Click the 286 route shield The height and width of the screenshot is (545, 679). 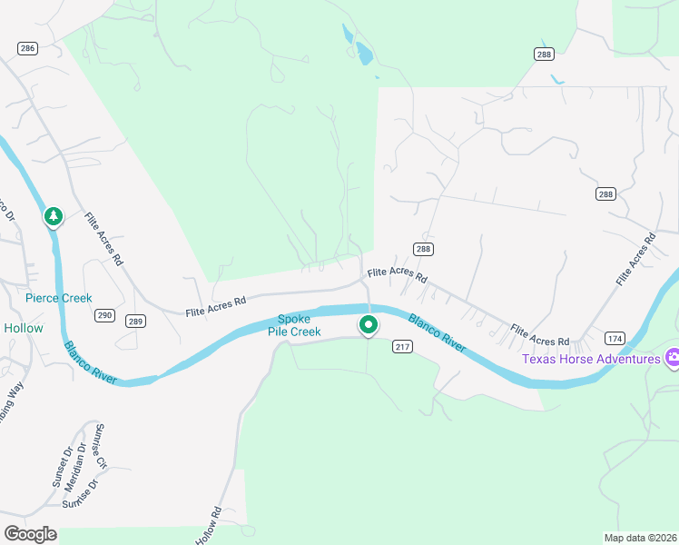27,48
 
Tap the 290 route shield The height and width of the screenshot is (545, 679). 104,315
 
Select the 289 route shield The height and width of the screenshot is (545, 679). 135,321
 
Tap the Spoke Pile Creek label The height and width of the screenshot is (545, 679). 294,325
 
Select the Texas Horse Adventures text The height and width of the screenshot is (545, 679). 591,359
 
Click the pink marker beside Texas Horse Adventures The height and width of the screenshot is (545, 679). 673,359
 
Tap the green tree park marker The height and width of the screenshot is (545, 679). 54,216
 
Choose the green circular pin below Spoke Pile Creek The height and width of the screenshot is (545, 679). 368,324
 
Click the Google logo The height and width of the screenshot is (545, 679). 30,533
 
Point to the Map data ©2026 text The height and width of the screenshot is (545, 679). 640,537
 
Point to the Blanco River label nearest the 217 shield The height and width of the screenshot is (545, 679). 437,332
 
